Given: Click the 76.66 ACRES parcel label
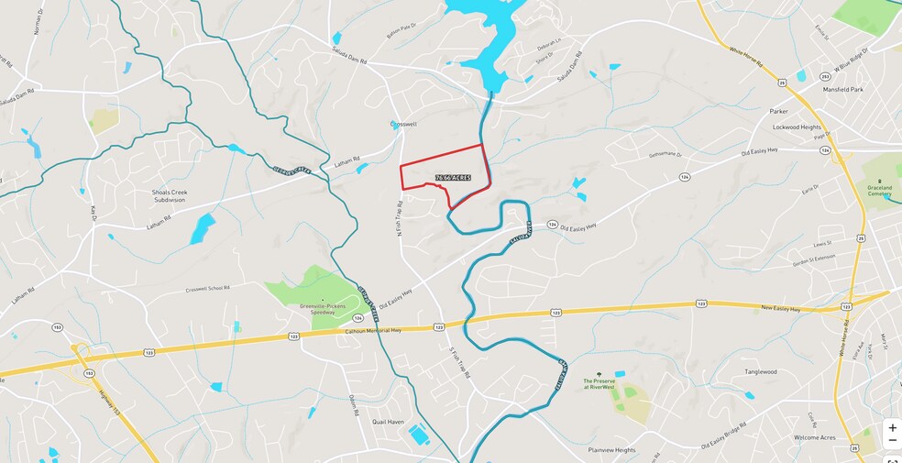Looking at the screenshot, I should point(453,177).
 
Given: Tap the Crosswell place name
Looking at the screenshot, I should point(403,124).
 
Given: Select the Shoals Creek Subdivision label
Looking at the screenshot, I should point(169,196).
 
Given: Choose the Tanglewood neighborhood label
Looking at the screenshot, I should point(760,371).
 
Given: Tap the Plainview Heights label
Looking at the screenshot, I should point(611,450).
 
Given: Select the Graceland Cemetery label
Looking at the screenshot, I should point(879,191).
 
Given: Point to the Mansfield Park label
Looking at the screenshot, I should point(842,90).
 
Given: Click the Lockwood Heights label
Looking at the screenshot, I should point(797,127).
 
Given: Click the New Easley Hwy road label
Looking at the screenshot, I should point(782,308).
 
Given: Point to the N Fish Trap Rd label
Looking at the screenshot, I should point(401,222).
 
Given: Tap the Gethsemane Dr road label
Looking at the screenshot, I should point(667,155).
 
